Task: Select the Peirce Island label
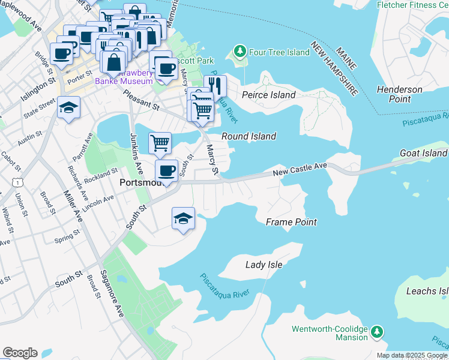pos(268,95)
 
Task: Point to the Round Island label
pos(249,136)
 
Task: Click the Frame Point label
pos(291,222)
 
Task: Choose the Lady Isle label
pos(264,264)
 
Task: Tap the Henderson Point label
pos(399,94)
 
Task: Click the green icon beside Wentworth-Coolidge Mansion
pos(376,331)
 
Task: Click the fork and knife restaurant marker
pos(215,85)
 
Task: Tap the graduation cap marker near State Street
pos(69,108)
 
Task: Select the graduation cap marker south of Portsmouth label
pos(184,218)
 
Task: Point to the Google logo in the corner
pos(20,353)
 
